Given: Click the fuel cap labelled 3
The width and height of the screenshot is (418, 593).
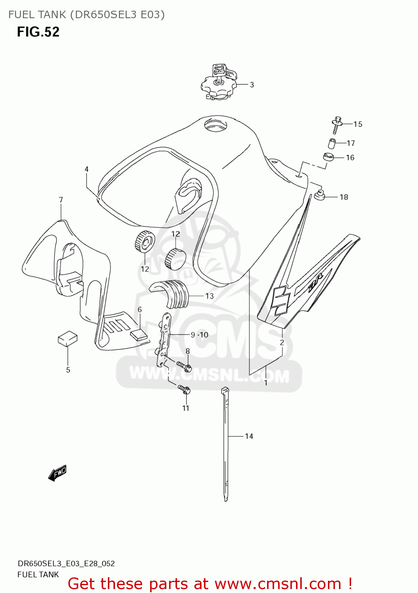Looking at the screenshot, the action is tap(218, 84).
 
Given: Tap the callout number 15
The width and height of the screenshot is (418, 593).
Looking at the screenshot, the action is tap(358, 124).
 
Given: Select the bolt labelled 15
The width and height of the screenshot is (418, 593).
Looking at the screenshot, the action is tap(337, 125).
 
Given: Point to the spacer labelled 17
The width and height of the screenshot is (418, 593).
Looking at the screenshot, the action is tap(332, 143).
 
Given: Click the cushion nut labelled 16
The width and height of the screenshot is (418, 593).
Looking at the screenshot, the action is tap(328, 157).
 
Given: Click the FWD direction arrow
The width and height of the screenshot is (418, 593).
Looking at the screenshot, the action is tap(57, 472).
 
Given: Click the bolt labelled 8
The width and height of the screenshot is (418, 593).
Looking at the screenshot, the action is tap(184, 366).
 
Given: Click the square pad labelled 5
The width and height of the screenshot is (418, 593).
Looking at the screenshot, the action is tap(68, 338).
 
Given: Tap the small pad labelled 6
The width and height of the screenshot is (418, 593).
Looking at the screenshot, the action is tap(138, 334).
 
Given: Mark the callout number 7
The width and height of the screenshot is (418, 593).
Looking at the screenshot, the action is tap(61, 200).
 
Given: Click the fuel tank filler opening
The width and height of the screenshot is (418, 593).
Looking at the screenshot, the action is tap(216, 126).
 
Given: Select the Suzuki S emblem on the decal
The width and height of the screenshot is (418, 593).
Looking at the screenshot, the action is tap(281, 300).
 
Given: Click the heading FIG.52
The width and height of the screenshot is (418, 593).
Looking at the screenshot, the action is tap(38, 32).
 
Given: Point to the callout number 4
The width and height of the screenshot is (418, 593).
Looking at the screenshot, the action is tap(87, 169).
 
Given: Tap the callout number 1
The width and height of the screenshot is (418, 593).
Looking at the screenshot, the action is tap(266, 383).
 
